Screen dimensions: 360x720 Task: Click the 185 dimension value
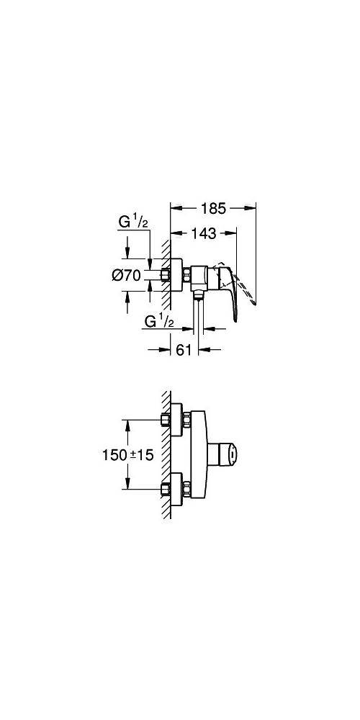214,209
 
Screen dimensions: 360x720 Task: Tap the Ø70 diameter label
126,276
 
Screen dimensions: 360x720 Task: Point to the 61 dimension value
183,350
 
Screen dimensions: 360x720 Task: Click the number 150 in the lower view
114,455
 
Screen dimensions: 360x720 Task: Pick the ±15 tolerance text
141,455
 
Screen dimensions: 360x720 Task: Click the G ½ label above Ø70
133,222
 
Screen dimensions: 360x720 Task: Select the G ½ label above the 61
159,321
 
